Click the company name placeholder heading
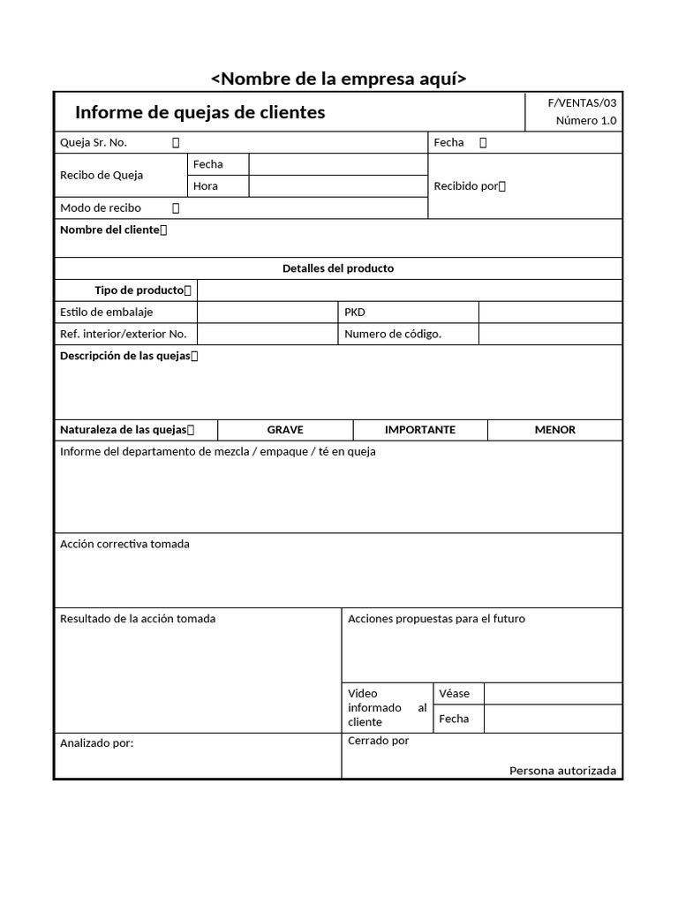tap(338, 79)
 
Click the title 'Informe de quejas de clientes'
tap(200, 112)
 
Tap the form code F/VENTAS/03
tap(582, 103)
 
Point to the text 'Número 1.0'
tap(585, 121)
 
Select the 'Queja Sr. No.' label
tap(94, 142)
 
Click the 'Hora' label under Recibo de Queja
tap(206, 186)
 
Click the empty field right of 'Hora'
tap(337, 186)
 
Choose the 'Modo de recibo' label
tap(100, 208)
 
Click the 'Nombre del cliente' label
tap(110, 230)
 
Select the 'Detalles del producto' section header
tap(338, 268)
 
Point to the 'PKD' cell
tap(355, 313)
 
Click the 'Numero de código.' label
tap(393, 335)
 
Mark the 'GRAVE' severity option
tap(285, 430)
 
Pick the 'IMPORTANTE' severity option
tap(420, 430)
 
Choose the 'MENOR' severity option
tap(554, 430)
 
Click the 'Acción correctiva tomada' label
tap(124, 545)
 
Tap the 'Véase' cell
tap(454, 694)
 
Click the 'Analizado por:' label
tap(96, 743)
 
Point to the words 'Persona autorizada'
tap(562, 771)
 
